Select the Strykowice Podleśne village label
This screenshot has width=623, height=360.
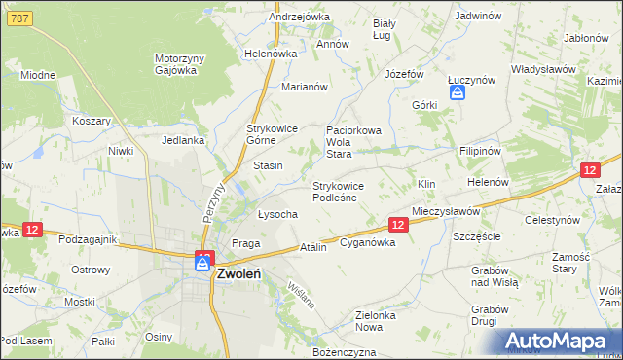tap(338, 191)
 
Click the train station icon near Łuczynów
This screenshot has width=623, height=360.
tap(457, 93)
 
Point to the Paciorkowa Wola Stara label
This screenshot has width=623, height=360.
tap(352, 141)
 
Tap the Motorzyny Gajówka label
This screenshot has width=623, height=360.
tap(179, 64)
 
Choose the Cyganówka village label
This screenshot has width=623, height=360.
tap(367, 243)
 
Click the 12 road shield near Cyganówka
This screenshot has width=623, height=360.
tap(397, 225)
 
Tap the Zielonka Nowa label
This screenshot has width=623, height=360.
tap(381, 321)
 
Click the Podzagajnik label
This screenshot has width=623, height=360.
tap(88, 239)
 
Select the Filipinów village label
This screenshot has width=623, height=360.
tap(480, 152)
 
